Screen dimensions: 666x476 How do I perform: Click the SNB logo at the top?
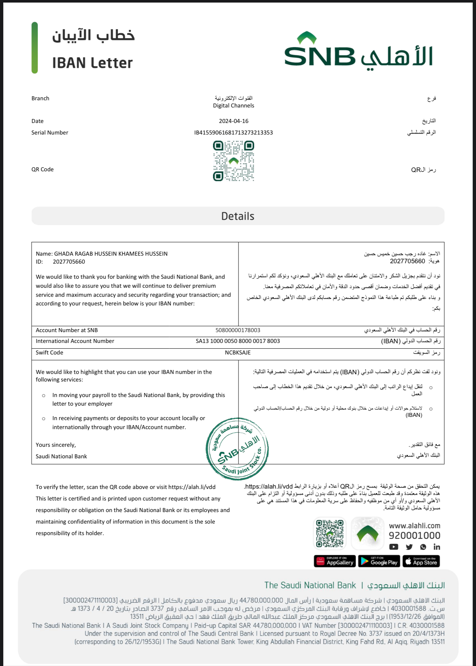pos(358,52)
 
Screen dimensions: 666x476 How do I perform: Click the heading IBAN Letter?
pos(92,63)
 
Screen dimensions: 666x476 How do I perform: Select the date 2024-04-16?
pos(234,121)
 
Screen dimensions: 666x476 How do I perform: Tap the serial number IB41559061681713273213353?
pos(234,133)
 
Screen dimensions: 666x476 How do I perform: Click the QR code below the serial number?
pos(234,161)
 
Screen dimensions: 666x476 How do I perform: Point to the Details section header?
pos(238,216)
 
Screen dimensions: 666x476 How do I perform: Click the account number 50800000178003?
pos(238,330)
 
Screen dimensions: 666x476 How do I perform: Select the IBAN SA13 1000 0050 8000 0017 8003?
pos(238,341)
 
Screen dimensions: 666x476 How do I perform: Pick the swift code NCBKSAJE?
pos(238,353)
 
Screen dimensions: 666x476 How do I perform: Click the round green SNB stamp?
pos(237,449)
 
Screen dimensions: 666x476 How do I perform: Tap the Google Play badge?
pos(379,561)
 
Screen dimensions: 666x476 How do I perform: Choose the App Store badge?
pos(421,561)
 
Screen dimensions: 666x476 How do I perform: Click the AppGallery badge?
pos(335,561)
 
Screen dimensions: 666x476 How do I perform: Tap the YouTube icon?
pos(394,547)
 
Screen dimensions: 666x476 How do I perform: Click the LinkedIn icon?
pos(437,547)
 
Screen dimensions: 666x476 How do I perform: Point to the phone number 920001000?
pos(414,536)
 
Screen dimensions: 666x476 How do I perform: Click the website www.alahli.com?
pos(414,526)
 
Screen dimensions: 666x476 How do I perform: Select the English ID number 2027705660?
pos(69,262)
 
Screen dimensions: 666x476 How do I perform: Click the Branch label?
pos(40,98)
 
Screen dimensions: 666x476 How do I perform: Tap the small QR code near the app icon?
pos(330,533)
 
